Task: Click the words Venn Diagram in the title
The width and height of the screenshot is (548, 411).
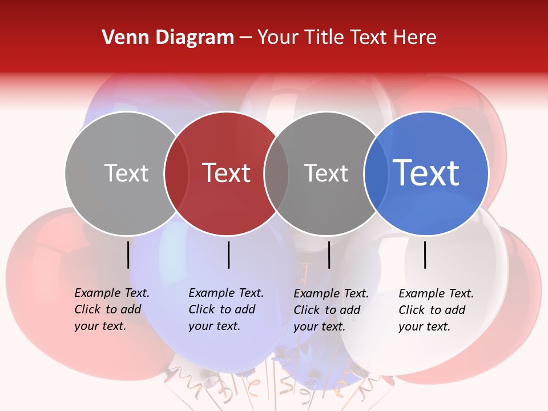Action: click(168, 38)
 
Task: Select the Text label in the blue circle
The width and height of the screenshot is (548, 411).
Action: click(426, 173)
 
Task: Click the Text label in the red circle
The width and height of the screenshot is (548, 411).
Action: click(227, 173)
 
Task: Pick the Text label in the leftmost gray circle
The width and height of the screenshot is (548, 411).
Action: click(126, 173)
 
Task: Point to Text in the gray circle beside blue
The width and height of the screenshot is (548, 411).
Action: click(326, 173)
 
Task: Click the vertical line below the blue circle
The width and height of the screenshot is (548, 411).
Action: click(425, 255)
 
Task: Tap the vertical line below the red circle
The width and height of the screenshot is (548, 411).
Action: click(228, 255)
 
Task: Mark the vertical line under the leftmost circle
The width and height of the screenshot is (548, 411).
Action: click(128, 255)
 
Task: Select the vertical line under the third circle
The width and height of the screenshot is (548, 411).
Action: click(329, 255)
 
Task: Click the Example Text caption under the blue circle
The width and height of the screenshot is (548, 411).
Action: click(436, 310)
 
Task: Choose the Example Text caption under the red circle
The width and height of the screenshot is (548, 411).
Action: click(225, 309)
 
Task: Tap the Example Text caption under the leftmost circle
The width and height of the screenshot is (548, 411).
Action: click(111, 309)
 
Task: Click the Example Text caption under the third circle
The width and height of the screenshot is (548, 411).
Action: click(331, 310)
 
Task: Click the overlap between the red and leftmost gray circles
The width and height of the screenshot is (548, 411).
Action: click(176, 173)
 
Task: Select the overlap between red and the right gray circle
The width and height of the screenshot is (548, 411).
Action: click(276, 173)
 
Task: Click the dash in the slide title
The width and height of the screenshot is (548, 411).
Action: click(245, 38)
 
